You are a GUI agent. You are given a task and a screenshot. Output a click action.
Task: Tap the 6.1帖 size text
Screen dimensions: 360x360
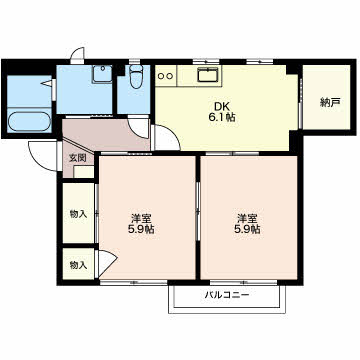pos(221,117)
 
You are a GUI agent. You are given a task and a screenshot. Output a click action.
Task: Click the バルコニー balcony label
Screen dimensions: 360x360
pos(227,295)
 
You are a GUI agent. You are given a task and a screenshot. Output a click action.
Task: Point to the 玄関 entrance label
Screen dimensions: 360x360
pos(77,158)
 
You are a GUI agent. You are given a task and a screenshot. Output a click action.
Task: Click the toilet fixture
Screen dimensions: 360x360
pos(136,76)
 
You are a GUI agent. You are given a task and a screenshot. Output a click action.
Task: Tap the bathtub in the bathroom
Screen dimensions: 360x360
pos(29,122)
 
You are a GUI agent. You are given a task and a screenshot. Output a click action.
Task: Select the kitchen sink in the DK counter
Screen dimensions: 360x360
pos(208,74)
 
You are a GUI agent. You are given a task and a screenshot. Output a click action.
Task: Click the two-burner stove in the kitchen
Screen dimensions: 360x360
pos(166,76)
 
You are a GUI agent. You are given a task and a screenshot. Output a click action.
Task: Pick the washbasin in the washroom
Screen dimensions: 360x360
pos(102,74)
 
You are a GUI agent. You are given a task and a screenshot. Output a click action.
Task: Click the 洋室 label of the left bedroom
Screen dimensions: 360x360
pos(141,219)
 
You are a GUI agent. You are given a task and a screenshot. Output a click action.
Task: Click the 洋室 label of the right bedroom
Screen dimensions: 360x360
pos(247,219)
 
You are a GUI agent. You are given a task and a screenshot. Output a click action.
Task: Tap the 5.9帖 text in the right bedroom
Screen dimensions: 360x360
pos(247,229)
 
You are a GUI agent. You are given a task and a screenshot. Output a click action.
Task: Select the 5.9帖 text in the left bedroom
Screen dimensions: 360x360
pos(141,229)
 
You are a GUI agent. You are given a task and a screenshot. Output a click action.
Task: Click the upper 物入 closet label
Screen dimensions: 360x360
pos(78,214)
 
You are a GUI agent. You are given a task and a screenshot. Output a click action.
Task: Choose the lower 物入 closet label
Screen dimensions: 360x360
pos(78,265)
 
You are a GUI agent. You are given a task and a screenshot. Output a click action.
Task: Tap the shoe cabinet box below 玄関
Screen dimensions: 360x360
pos(83,172)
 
